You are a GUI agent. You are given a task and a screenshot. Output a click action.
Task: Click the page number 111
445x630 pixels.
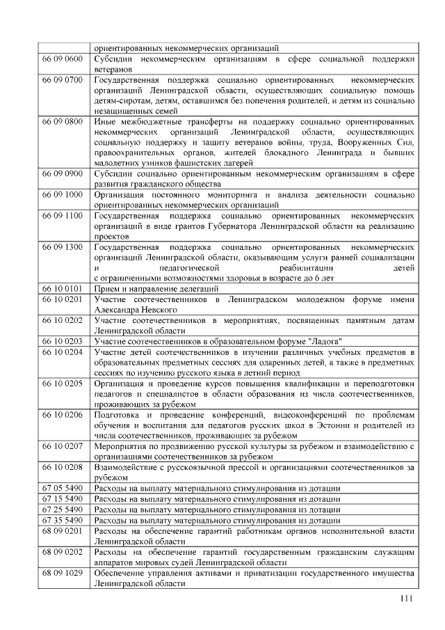click(x=407, y=601)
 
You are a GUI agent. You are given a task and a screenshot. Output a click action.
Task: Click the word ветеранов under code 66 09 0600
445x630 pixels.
click(x=113, y=70)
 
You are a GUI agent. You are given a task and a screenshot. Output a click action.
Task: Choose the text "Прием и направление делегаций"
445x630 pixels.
click(x=156, y=289)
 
